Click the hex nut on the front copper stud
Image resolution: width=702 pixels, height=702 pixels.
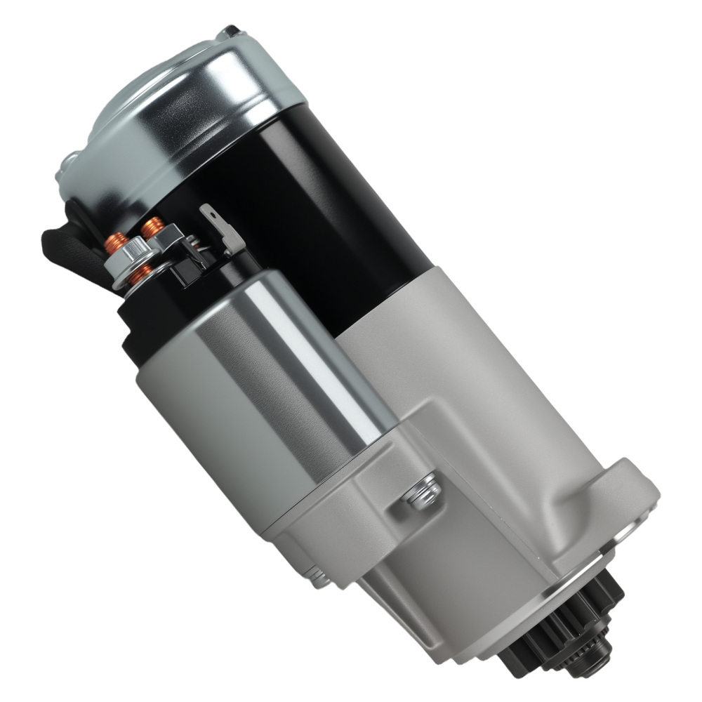point(126,258)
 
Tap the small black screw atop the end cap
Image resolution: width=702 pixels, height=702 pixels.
point(229,32)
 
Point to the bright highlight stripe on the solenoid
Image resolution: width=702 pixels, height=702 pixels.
point(309,351)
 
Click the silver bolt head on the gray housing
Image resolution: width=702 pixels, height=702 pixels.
point(421,491)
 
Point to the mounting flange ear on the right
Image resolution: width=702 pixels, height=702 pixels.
point(632,491)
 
